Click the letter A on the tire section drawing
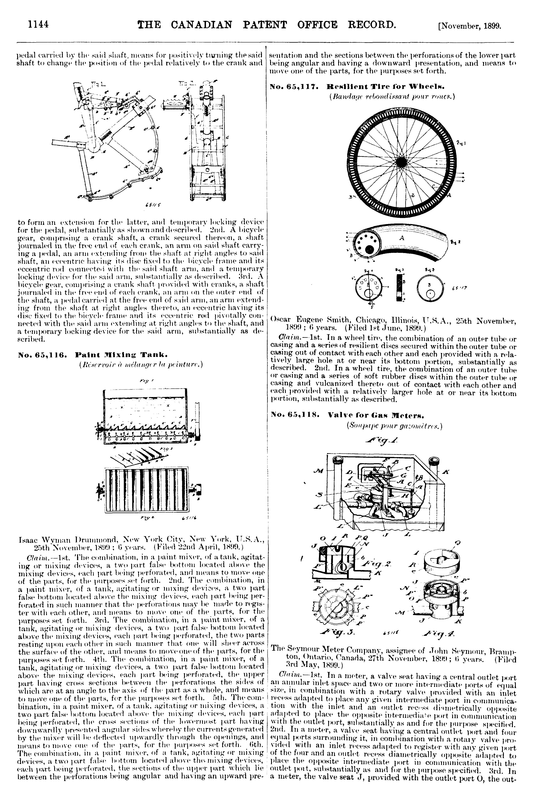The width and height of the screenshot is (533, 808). pos(402,238)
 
